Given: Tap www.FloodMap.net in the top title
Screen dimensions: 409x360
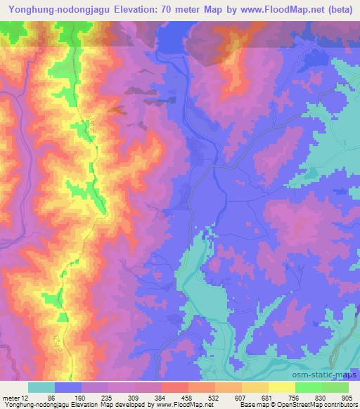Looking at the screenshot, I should click(x=272, y=8).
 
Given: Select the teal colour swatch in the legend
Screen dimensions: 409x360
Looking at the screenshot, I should click(x=41, y=387).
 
